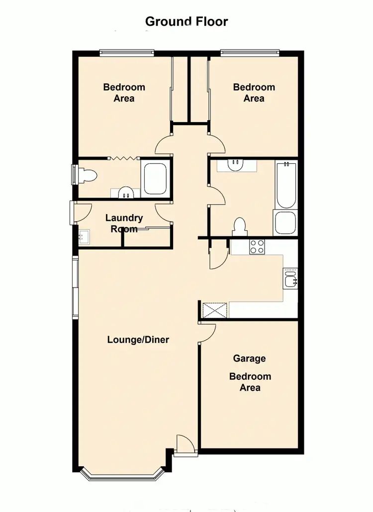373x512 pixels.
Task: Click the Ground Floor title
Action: [186, 21]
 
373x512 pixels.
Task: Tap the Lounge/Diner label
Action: [138, 340]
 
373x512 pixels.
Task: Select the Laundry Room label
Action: [124, 223]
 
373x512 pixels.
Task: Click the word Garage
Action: [249, 358]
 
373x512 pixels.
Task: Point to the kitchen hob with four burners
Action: [257, 247]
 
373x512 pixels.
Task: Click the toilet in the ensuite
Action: [88, 175]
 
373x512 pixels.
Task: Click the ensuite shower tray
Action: [155, 178]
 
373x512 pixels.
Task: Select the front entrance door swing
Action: [185, 443]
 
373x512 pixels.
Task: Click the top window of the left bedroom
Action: [126, 51]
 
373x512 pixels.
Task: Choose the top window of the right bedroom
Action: [250, 51]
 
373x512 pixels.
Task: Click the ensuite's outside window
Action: [75, 175]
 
